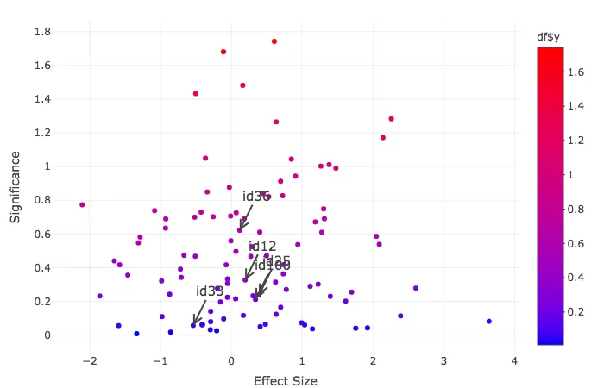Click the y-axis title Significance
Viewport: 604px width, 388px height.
tap(16, 187)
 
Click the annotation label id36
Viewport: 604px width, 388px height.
tap(256, 197)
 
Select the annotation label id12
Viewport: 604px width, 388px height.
tap(262, 247)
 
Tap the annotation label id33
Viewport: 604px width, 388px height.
tap(210, 291)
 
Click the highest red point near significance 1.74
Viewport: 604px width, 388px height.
tap(274, 41)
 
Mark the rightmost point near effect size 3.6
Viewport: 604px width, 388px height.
tap(488, 321)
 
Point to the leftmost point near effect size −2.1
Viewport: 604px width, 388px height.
tap(82, 204)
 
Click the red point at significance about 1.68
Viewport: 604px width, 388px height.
tap(223, 52)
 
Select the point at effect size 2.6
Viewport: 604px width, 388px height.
tap(415, 288)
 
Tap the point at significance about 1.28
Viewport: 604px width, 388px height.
tap(391, 119)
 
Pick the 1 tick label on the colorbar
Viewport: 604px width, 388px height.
tap(573, 175)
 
